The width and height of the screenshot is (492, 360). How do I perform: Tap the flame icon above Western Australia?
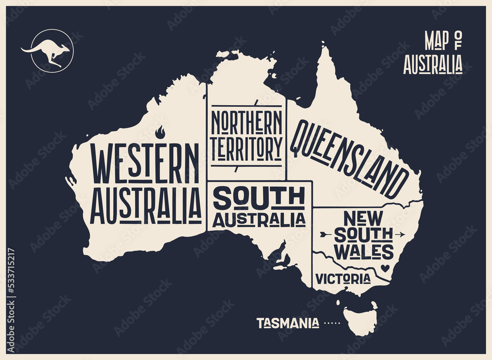[160, 132]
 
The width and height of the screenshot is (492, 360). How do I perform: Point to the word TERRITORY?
[246, 147]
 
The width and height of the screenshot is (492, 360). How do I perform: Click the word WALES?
[364, 252]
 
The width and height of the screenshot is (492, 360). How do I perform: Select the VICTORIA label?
[343, 279]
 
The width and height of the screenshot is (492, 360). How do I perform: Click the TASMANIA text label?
[287, 323]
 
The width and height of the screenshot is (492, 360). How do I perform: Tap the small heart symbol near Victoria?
[385, 269]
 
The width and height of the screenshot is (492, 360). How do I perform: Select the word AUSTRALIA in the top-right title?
[432, 65]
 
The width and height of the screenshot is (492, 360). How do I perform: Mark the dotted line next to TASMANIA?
[332, 324]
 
